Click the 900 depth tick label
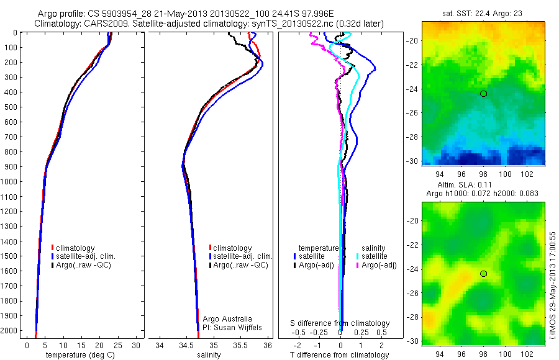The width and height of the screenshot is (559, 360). (x=9, y=166)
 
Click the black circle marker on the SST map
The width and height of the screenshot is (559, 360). (x=483, y=94)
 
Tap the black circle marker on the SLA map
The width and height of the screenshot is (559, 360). (x=483, y=274)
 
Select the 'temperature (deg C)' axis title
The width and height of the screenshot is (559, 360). (x=75, y=355)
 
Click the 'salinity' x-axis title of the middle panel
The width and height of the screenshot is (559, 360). (x=209, y=355)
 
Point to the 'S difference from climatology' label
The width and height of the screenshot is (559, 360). (x=340, y=323)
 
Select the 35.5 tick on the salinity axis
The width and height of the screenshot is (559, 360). (x=240, y=344)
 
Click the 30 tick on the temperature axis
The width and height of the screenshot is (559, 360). (x=136, y=344)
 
